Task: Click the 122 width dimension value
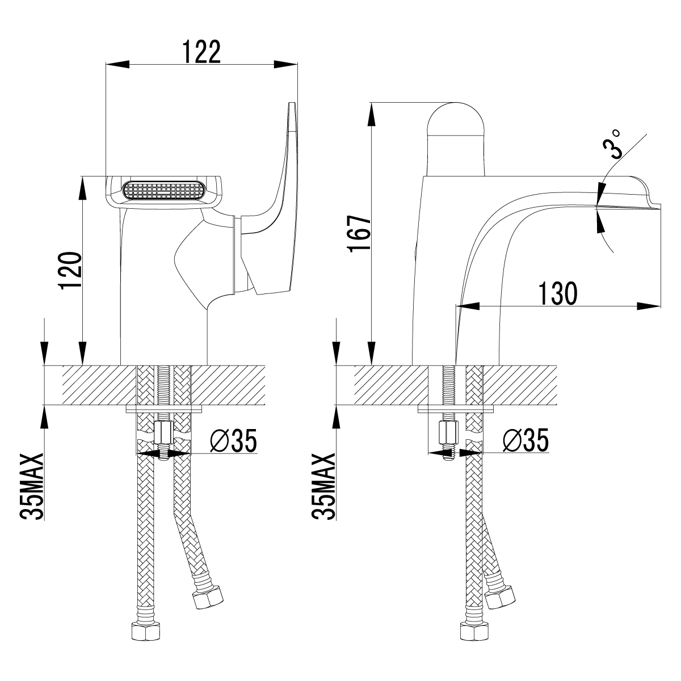point(202,52)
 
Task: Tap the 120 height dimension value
point(71,271)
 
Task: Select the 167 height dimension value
point(360,234)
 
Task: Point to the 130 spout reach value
point(558,293)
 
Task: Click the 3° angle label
point(612,144)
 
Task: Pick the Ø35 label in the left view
point(234,440)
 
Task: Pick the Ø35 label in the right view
point(526,440)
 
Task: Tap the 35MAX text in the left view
point(32,486)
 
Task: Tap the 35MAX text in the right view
point(323,486)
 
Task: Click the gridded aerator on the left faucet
point(163,192)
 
